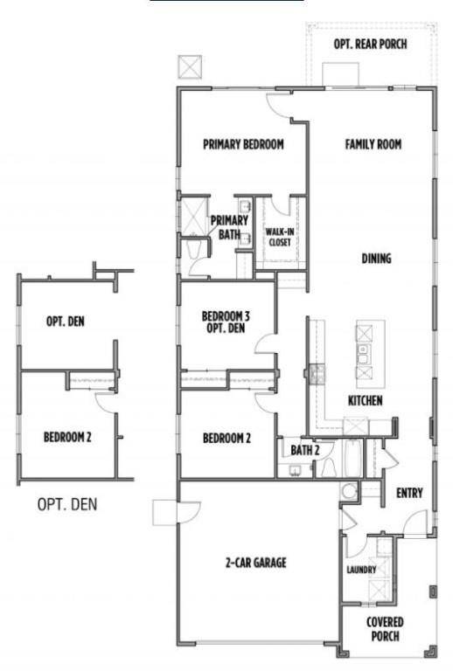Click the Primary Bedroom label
click(243, 145)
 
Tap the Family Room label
click(373, 145)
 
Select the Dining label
click(376, 259)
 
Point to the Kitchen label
click(365, 400)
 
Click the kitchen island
click(368, 353)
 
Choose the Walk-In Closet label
click(280, 236)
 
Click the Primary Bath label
click(228, 227)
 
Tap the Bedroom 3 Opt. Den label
click(226, 322)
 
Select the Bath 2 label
click(305, 450)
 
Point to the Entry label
click(409, 493)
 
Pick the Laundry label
click(361, 570)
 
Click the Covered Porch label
click(385, 629)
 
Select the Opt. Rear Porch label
click(370, 44)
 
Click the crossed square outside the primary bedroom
click(188, 67)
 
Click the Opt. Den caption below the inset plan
click(66, 504)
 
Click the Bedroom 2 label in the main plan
click(226, 438)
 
